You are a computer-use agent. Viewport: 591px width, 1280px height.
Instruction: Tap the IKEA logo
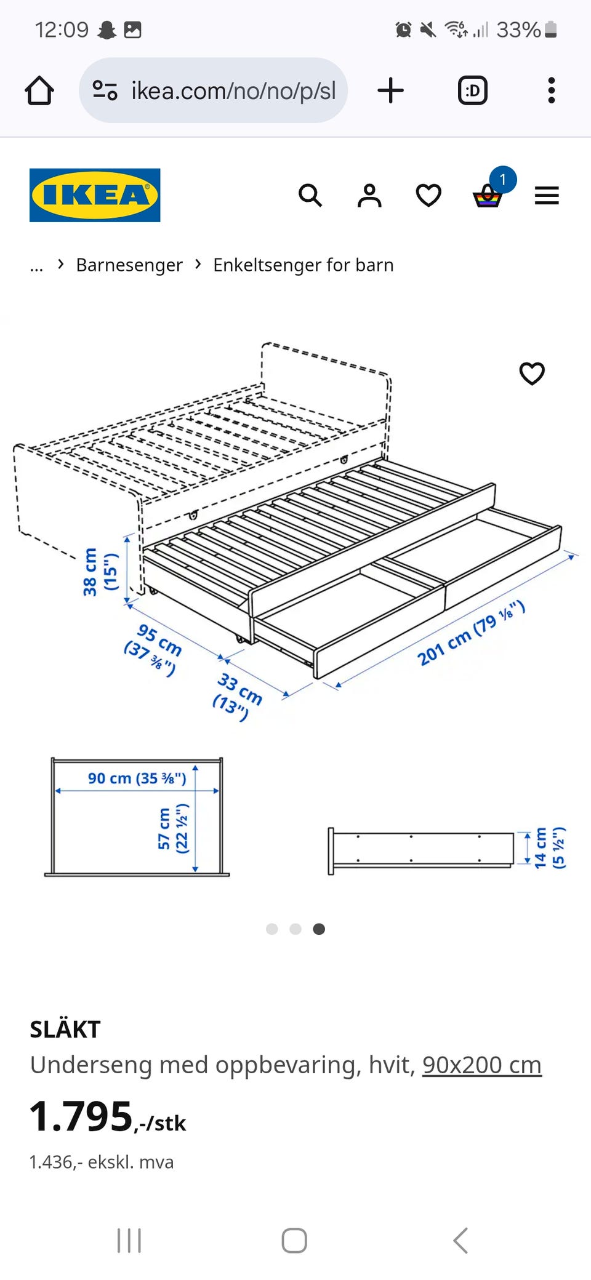[95, 195]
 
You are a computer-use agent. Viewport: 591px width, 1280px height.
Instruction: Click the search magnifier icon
[310, 196]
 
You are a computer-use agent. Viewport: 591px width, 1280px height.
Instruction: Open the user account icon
[369, 196]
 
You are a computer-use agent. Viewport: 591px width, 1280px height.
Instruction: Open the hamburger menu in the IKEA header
[547, 196]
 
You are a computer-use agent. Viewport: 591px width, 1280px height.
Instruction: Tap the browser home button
[39, 90]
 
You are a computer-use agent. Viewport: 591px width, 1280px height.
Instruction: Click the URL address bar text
[234, 91]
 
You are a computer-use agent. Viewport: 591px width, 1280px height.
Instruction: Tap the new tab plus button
[390, 90]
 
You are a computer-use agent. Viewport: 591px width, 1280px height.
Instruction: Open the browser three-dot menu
[552, 90]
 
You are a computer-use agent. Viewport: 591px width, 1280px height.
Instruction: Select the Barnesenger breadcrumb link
[129, 265]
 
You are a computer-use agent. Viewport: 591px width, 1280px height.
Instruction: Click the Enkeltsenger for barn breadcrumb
[304, 265]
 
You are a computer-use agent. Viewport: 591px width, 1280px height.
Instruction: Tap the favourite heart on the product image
[532, 374]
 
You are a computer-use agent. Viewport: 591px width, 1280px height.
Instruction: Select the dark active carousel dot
[319, 929]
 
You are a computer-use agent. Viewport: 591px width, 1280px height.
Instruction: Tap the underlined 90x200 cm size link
[482, 1065]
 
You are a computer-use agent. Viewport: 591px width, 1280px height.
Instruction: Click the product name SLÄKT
[65, 1030]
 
